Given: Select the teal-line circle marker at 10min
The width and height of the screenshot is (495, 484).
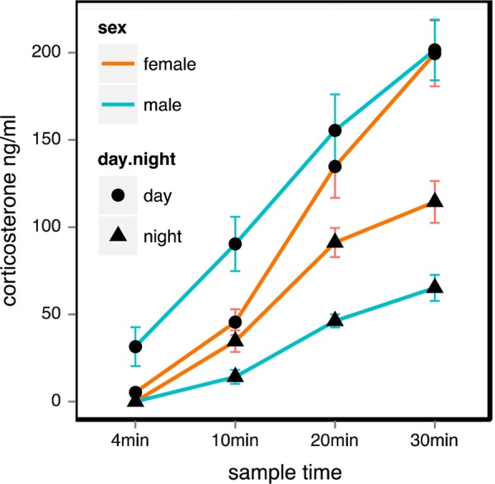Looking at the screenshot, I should click(x=235, y=244).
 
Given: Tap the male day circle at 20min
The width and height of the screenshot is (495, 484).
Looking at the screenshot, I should click(x=335, y=130).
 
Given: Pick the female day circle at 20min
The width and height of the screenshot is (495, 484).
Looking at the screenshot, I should click(x=335, y=167).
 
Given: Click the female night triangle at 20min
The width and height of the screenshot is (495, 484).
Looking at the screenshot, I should click(x=335, y=241).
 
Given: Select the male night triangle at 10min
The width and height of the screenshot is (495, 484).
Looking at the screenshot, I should click(x=235, y=376).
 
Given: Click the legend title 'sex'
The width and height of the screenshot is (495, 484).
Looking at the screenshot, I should click(x=110, y=26).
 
